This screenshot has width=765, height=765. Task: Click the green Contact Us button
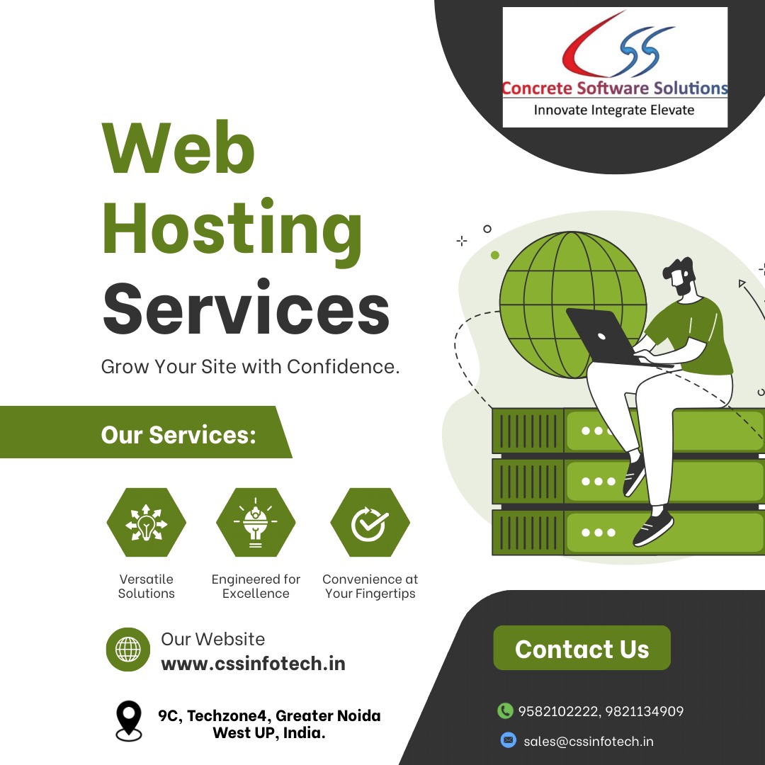[582, 648]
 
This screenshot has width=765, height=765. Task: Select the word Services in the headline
[246, 310]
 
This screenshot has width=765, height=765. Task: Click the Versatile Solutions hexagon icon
[146, 523]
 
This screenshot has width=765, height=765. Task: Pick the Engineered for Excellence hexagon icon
[256, 523]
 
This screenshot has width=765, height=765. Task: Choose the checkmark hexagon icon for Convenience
[370, 523]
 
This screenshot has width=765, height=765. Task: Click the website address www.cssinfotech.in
[254, 664]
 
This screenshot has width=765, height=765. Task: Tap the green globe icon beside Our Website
[128, 649]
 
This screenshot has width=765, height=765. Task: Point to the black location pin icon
[128, 720]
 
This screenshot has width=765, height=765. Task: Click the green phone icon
[505, 710]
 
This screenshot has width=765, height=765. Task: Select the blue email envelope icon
[508, 740]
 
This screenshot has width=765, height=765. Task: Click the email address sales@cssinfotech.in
[589, 742]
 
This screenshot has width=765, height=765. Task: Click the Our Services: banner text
[178, 434]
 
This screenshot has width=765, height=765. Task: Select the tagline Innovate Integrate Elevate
[614, 110]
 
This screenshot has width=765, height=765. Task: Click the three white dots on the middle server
[599, 482]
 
